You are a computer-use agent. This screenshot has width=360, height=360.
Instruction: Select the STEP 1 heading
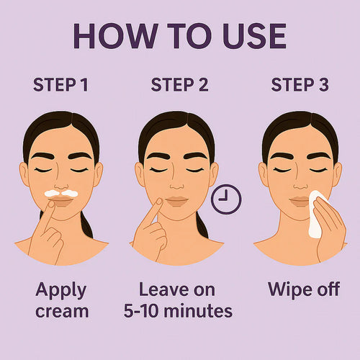tap(60, 85)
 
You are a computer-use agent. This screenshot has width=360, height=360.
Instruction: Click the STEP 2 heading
tap(179, 85)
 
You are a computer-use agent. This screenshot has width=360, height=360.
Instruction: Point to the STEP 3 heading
tap(299, 85)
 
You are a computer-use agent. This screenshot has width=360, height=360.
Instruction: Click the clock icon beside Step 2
tap(227, 199)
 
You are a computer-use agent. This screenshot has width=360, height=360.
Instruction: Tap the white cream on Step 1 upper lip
tap(60, 193)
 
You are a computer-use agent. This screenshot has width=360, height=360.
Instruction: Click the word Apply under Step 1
tap(60, 290)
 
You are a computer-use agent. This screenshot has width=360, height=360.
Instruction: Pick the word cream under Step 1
tap(60, 311)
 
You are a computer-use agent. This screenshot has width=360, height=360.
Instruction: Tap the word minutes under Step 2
tap(199, 311)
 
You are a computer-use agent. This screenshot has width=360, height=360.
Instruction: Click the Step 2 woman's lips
tap(176, 200)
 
